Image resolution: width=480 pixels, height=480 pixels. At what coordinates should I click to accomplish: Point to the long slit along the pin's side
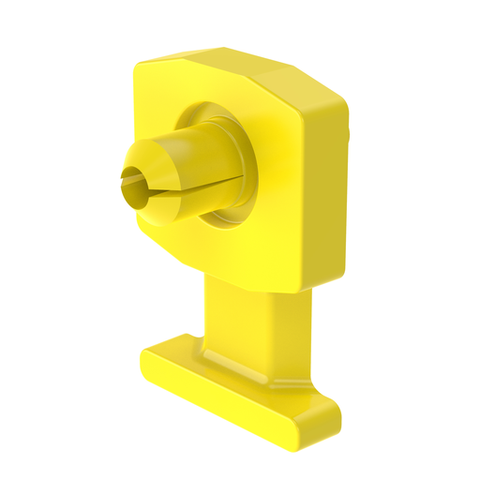click(159, 194)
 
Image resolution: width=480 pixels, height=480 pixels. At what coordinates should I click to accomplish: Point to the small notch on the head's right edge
click(348, 138)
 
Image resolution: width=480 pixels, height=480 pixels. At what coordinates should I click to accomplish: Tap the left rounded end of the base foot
click(148, 366)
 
